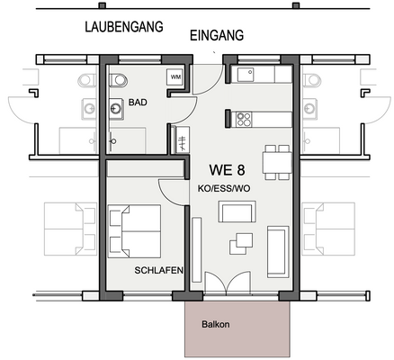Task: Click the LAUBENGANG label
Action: coord(123,27)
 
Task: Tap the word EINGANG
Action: coord(217,36)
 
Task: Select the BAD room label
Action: coord(138,103)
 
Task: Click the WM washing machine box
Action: coord(175,79)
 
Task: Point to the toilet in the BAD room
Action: coord(115,80)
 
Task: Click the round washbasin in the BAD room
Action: coord(116,111)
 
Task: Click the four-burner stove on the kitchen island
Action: coord(243,117)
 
